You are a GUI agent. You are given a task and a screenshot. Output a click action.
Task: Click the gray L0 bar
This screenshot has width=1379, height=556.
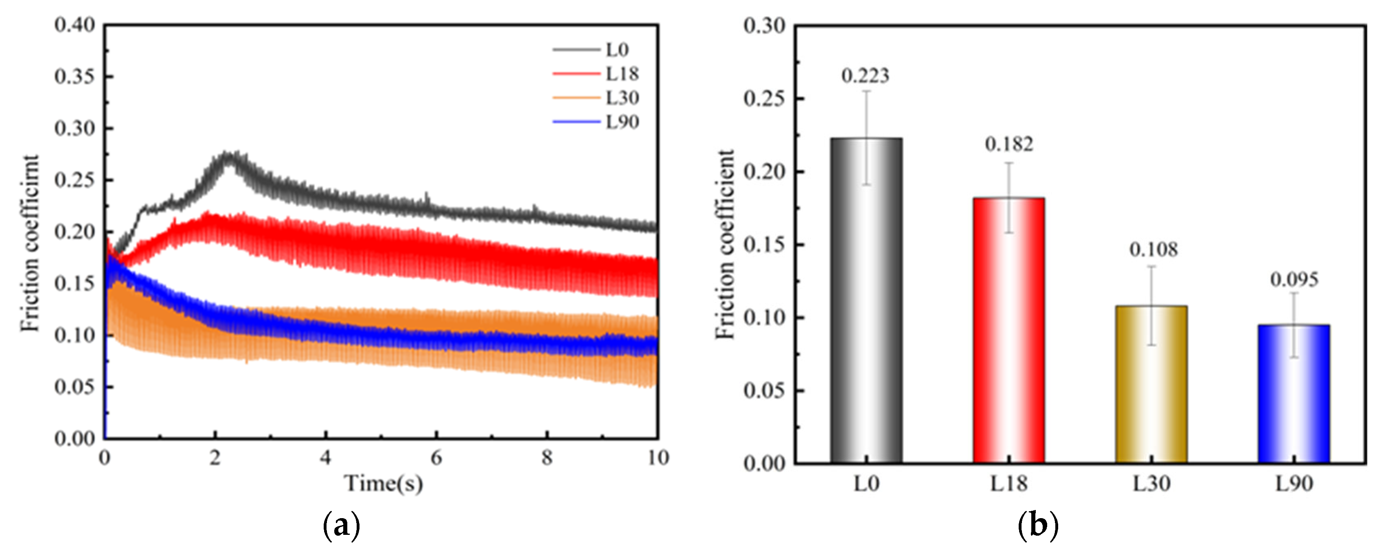point(866,300)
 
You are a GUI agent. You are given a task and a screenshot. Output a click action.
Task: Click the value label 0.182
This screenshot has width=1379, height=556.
point(1009,144)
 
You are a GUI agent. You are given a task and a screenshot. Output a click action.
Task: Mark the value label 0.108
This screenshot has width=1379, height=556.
point(1153,250)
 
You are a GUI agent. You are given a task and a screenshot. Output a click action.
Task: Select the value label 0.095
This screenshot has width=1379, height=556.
point(1294,279)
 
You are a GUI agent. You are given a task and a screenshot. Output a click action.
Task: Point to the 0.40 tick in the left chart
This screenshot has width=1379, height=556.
point(75,25)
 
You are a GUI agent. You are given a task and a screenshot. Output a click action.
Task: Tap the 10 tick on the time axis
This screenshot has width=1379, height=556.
point(658,457)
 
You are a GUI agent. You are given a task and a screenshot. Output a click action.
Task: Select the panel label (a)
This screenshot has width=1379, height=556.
point(342,526)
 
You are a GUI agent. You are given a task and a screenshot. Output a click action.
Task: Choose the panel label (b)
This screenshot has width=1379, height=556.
point(1037,526)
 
